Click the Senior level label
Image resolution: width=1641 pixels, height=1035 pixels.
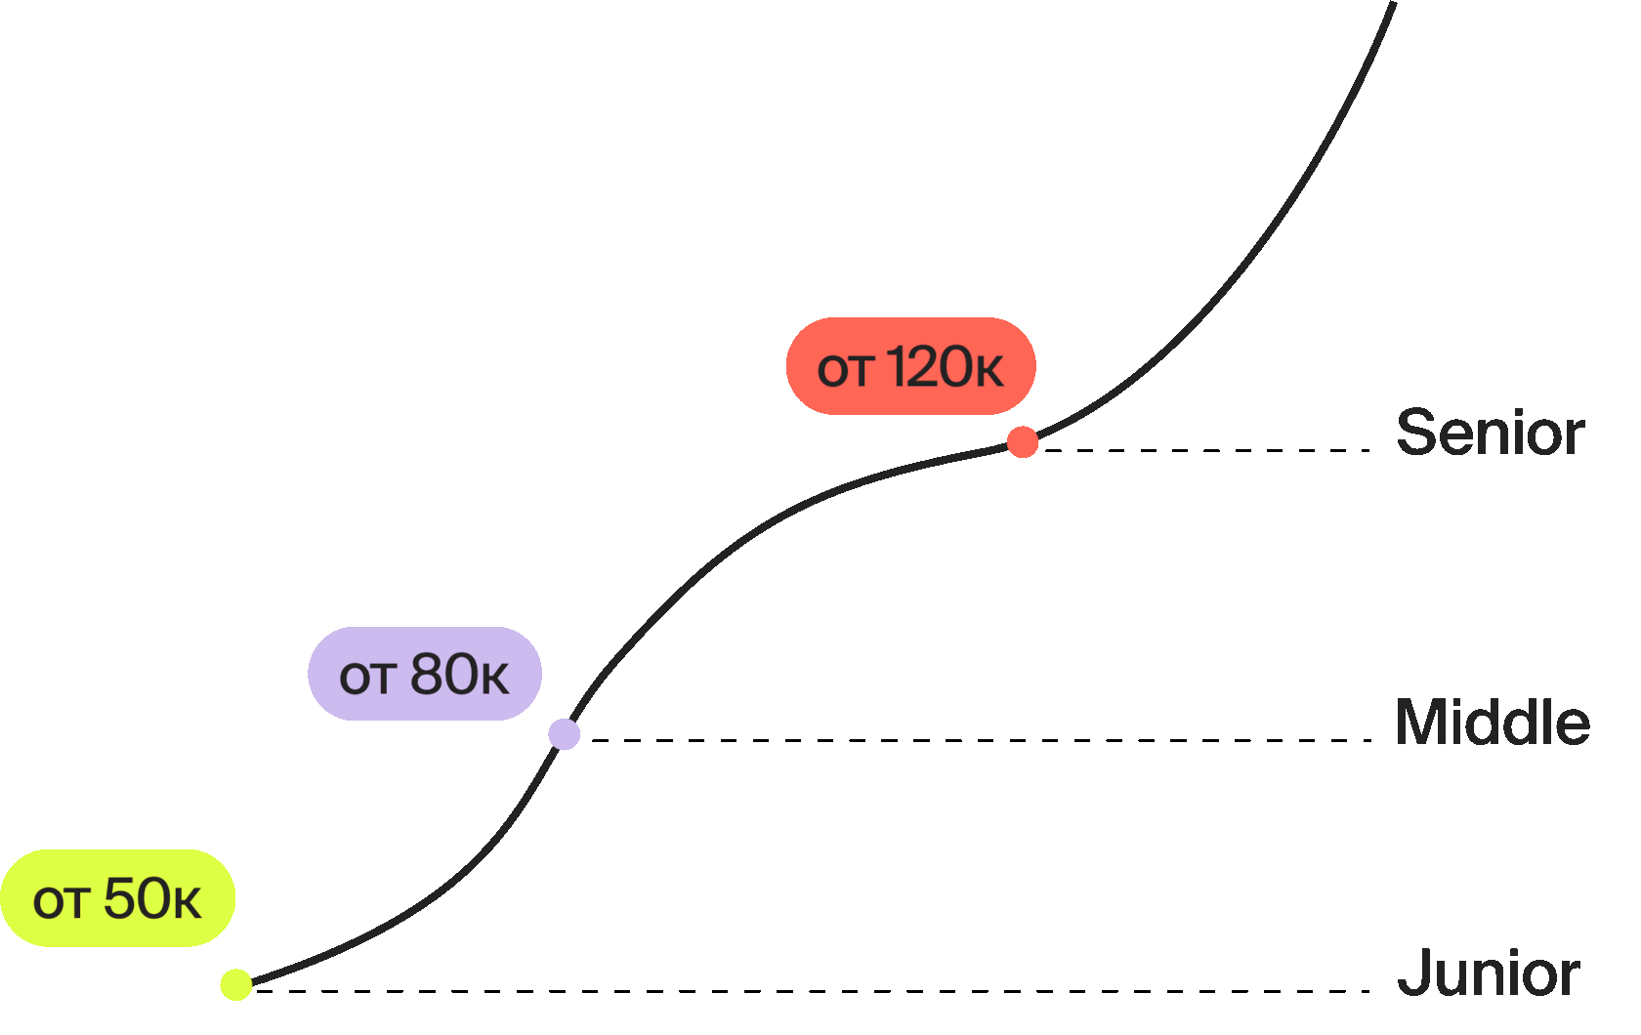click(x=1490, y=433)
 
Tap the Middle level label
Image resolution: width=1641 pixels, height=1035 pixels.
click(x=1492, y=723)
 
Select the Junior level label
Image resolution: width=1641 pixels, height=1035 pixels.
click(x=1488, y=973)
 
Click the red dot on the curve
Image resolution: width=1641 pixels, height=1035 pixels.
click(x=1023, y=442)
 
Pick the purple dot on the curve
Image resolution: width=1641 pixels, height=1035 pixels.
click(x=564, y=734)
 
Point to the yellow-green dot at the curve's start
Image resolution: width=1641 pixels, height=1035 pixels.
click(x=236, y=985)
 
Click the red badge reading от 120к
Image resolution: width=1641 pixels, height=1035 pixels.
click(x=910, y=366)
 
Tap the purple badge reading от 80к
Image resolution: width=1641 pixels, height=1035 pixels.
click(x=424, y=674)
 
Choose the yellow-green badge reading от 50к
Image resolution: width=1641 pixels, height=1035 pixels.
click(x=117, y=898)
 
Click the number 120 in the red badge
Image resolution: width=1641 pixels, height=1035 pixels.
click(x=931, y=367)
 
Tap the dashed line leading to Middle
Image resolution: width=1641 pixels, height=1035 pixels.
click(x=977, y=740)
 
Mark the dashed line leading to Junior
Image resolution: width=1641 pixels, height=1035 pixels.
click(x=811, y=991)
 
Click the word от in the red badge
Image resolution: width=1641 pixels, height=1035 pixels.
click(x=844, y=372)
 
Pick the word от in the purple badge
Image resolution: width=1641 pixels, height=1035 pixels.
click(x=365, y=679)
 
